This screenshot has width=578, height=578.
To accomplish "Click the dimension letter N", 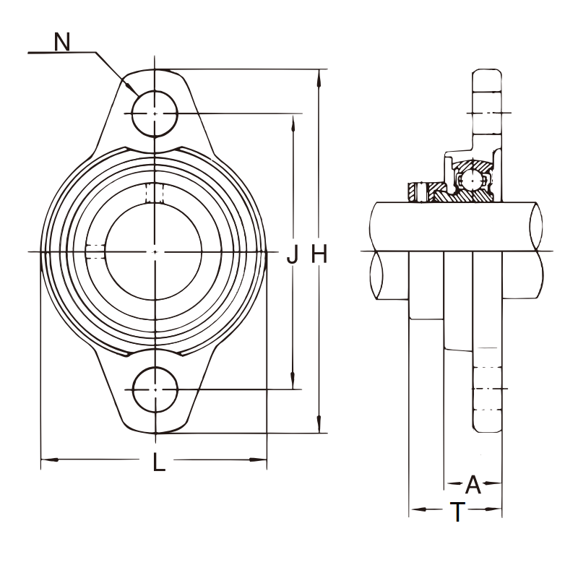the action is point(62,42).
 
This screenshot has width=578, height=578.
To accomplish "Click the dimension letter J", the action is point(293,254).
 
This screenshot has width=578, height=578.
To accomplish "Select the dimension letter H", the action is point(319,254).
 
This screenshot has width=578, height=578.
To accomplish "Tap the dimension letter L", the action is point(159,462).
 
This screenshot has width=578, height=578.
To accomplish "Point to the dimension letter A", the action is point(473,484).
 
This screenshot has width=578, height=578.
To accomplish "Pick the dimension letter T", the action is point(457,512).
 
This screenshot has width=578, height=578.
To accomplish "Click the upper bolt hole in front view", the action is point(155,113).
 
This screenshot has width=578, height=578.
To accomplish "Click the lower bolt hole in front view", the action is point(155,389).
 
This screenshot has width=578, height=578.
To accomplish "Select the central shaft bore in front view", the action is point(155,251).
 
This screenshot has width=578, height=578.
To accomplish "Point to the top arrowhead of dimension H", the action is point(319,77).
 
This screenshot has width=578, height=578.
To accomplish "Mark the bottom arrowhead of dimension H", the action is point(319,425).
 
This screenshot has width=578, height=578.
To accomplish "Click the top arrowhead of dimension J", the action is point(293,122).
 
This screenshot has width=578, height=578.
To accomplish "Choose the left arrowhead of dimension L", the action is point(49,460).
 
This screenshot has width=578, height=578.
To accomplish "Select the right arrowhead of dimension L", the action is point(258,460).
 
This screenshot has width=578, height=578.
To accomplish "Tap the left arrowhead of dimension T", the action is point(419,509).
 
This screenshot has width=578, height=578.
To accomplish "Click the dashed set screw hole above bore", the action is point(155,193).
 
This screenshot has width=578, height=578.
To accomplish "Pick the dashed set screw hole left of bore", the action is point(95,251).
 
